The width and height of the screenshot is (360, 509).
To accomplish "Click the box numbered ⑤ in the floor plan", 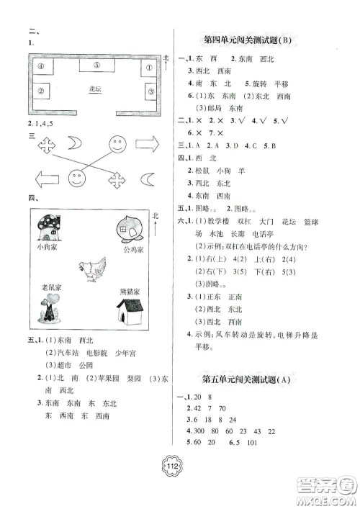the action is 97,65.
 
